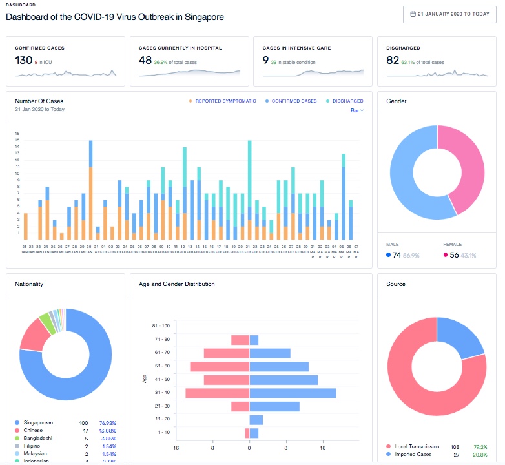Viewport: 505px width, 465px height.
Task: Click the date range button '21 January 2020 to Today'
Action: [449, 14]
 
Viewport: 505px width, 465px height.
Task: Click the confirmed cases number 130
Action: [24, 60]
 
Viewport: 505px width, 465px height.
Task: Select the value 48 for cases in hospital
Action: [145, 60]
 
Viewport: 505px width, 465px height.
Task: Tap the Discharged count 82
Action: [393, 60]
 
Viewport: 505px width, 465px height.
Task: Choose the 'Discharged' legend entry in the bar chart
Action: [347, 101]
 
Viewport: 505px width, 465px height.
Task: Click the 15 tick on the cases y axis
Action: [18, 141]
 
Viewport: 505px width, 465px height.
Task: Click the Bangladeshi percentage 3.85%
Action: [108, 439]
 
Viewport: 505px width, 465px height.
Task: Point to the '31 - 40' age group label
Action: [163, 393]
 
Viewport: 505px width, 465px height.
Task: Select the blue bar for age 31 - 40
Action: [293, 393]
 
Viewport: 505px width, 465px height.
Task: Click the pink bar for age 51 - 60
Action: [220, 366]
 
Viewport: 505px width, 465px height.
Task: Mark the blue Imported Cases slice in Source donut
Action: [460, 336]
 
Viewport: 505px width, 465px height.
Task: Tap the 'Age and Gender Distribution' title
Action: [177, 284]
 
